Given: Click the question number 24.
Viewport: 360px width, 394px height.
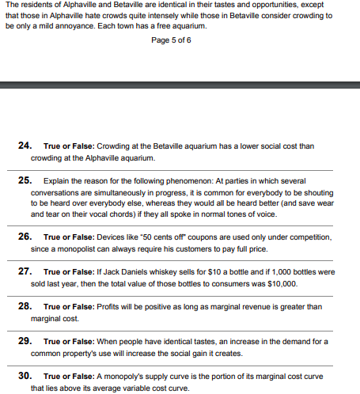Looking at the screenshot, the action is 25,146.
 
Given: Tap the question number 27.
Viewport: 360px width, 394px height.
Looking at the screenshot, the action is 25,271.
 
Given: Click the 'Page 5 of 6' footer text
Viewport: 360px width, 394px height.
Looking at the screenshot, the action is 171,41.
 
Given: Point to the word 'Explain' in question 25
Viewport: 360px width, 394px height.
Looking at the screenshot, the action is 57,180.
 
